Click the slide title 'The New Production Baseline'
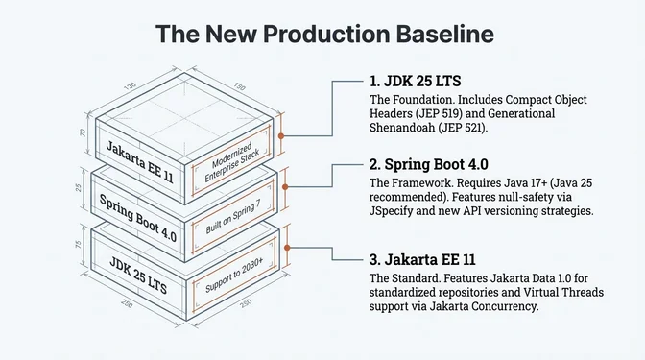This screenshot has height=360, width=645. click(322, 34)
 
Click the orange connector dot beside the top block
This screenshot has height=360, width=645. click(280, 136)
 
